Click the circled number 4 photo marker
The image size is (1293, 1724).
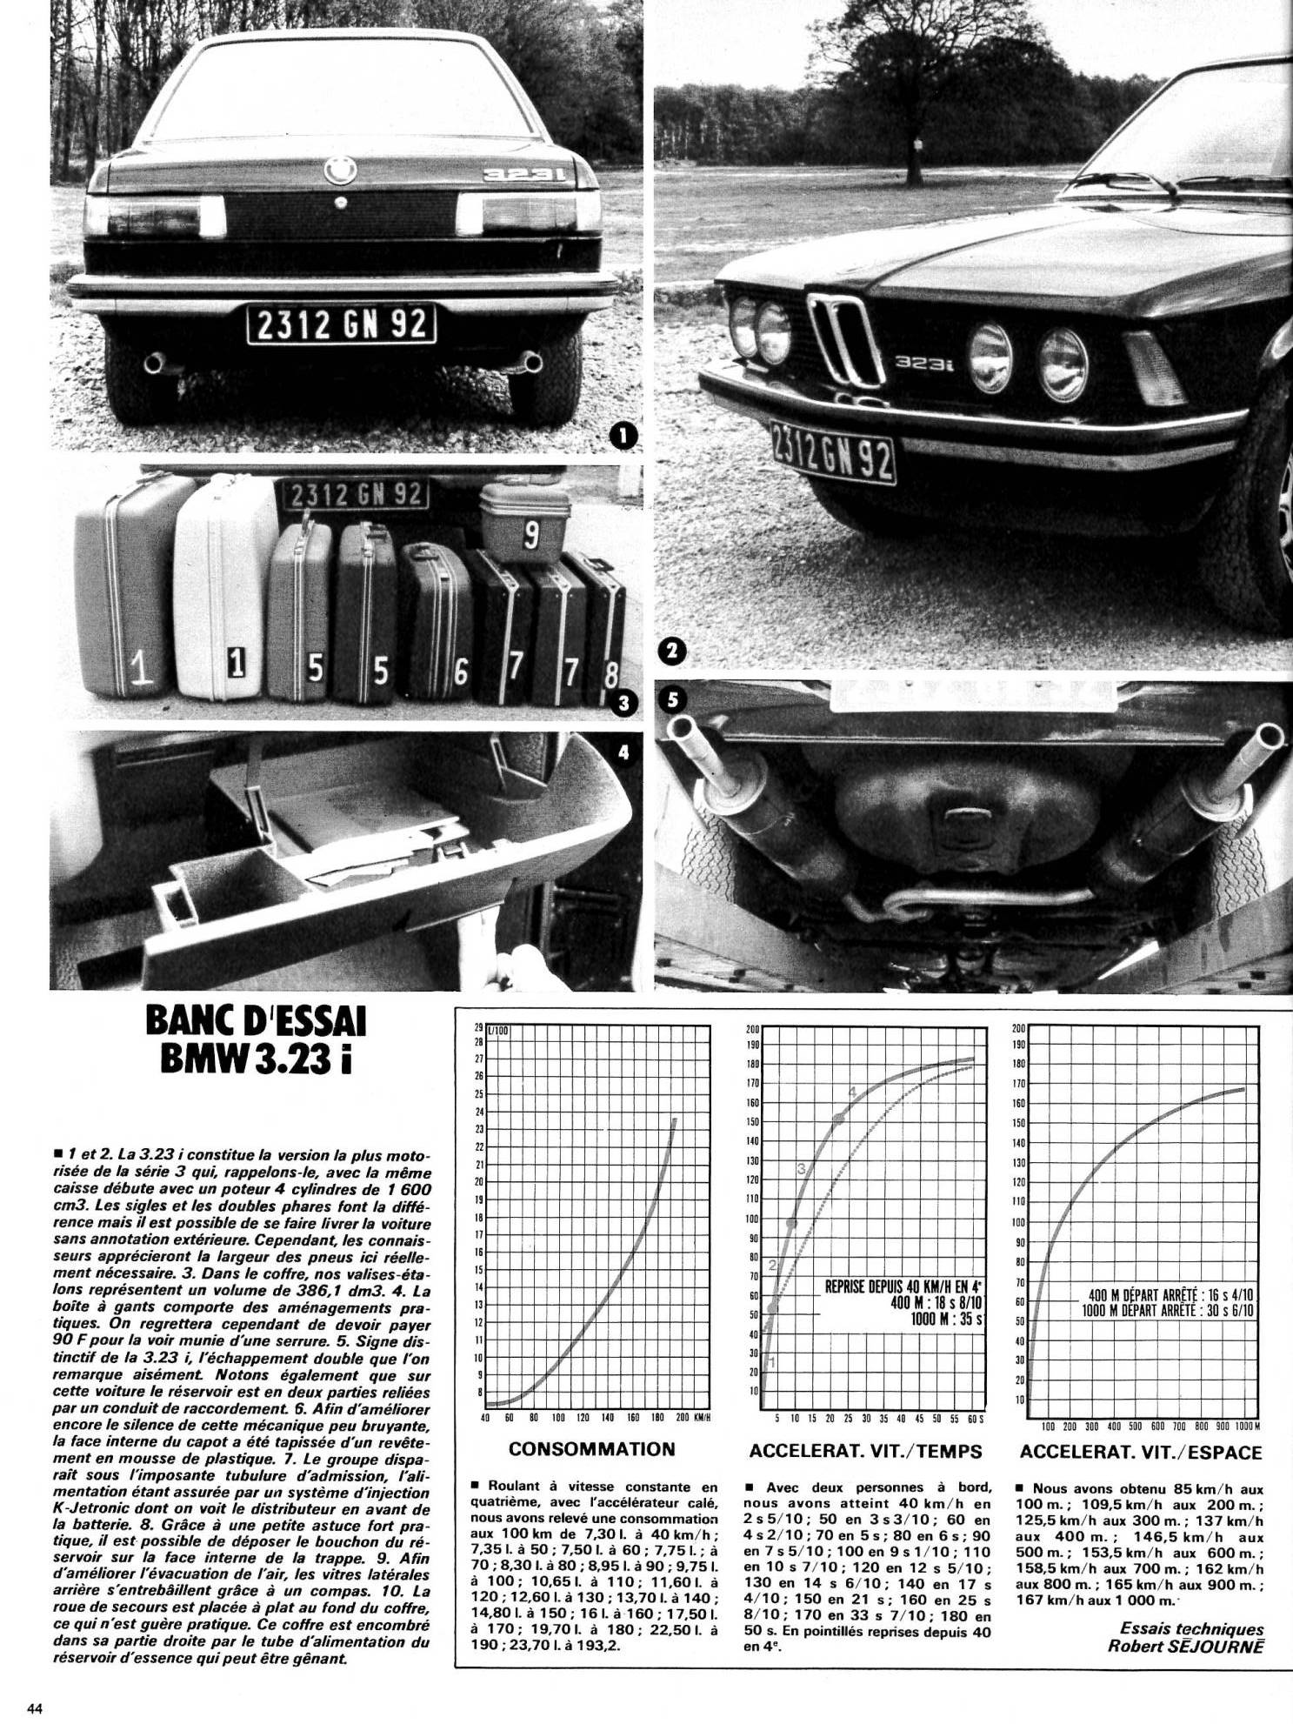point(623,753)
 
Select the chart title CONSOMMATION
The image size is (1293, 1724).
point(591,1449)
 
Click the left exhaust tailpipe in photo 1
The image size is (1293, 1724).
point(154,363)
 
